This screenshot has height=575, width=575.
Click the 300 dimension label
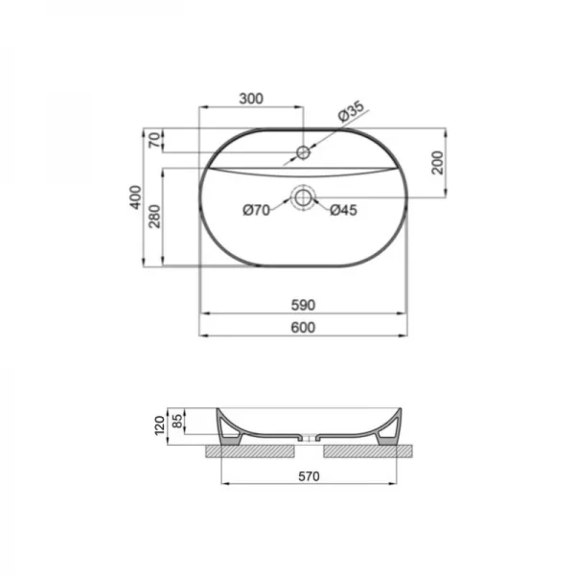coord(251,99)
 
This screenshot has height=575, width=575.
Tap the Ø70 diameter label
coord(255,211)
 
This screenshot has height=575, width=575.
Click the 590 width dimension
coord(304,305)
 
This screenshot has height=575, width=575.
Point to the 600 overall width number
coord(304,327)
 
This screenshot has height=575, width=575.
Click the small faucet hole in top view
coord(305,151)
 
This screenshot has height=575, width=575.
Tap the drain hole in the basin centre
coord(305,198)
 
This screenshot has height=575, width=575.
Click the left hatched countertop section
coord(249,448)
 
